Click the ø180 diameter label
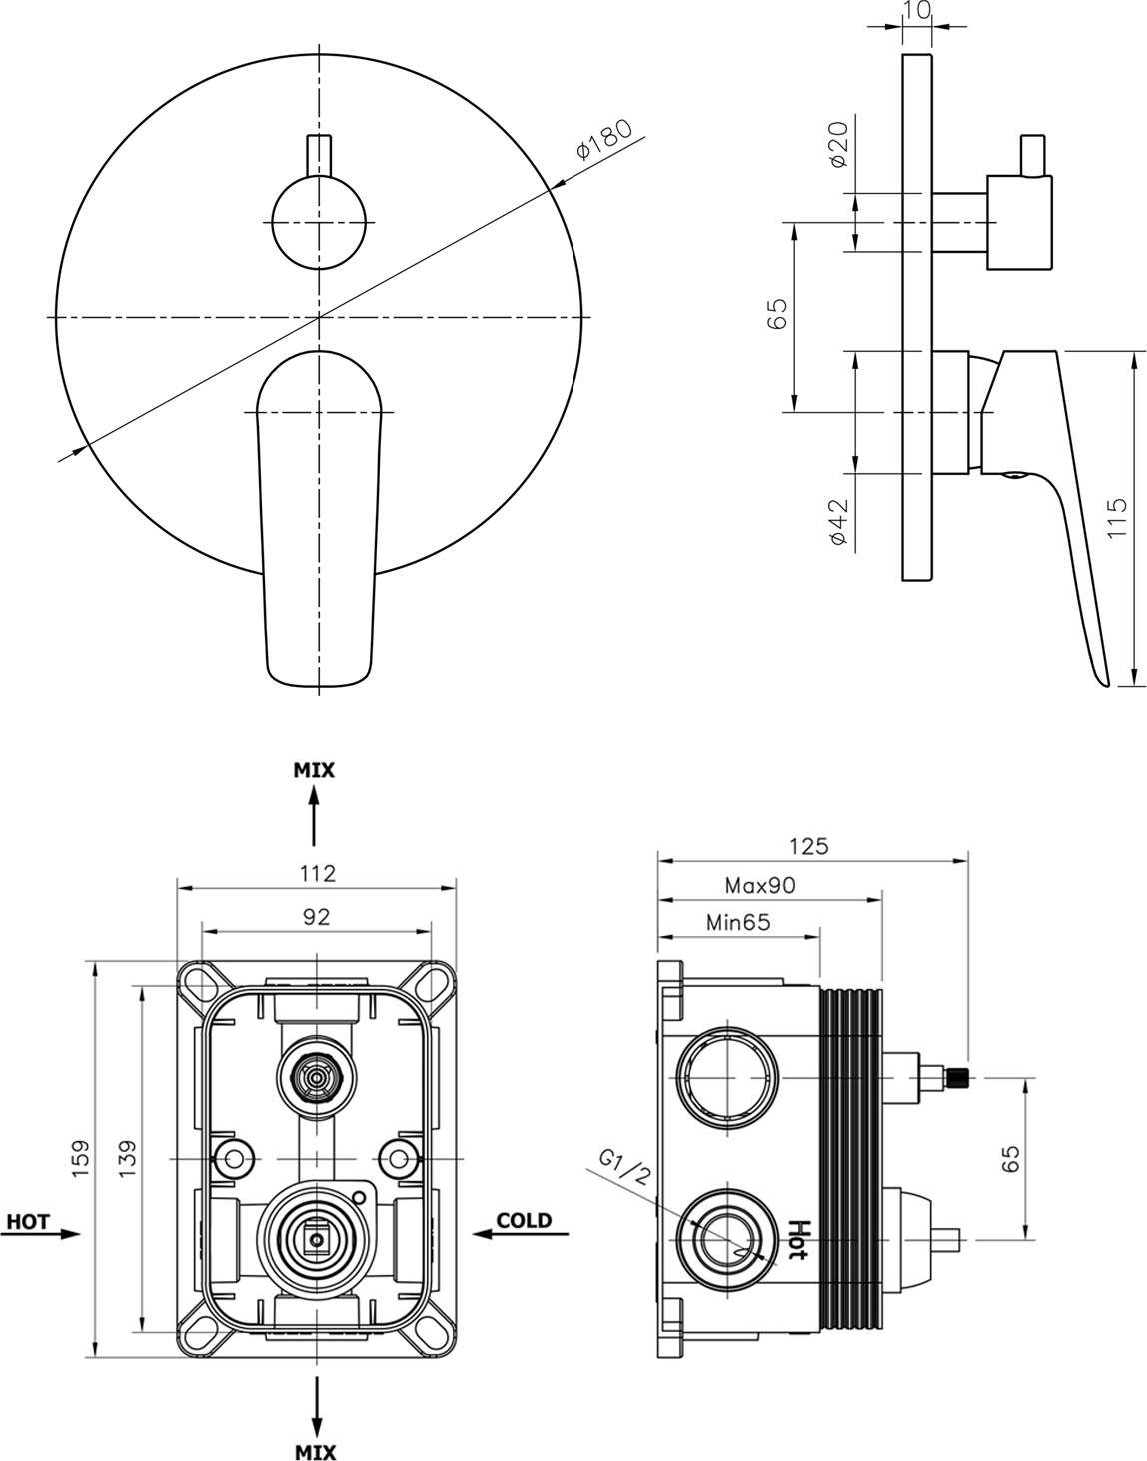point(604,139)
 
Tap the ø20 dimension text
point(838,144)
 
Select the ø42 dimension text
point(839,521)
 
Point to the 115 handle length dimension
point(1116,517)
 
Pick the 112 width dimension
point(317,874)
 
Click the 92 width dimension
point(316,917)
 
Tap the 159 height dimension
point(81,1158)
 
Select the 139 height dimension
point(127,1158)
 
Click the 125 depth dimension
point(809,846)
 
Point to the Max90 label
point(760,885)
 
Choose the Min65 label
point(738,922)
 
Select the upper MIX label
point(314,770)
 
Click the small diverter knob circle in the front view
point(319,222)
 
